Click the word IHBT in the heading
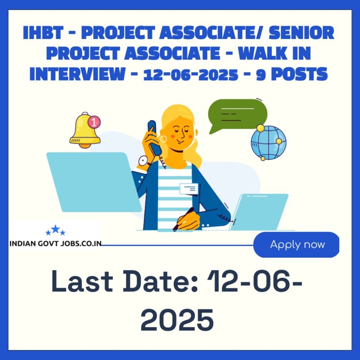(43, 33)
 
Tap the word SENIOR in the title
(301, 33)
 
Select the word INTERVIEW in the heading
(77, 74)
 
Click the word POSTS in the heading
(300, 74)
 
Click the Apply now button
(296, 245)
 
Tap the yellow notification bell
(85, 130)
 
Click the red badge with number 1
(94, 122)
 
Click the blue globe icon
(269, 142)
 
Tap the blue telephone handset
(154, 137)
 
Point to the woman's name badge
(189, 189)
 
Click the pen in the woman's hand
(183, 219)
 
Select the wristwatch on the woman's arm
(143, 161)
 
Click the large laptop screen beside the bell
(94, 182)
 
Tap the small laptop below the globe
(259, 212)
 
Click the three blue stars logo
(55, 230)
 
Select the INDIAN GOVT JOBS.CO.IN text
(56, 243)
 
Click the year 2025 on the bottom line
(177, 320)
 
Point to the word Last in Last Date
(82, 281)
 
